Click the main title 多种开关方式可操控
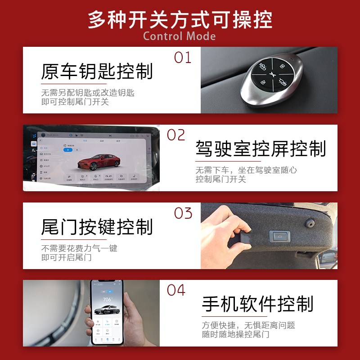pyautogui.click(x=180, y=19)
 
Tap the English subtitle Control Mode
pyautogui.click(x=180, y=36)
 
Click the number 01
pyautogui.click(x=183, y=58)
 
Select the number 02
pyautogui.click(x=176, y=135)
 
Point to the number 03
pyautogui.click(x=183, y=213)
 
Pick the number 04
pyautogui.click(x=176, y=290)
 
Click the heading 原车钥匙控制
pyautogui.click(x=97, y=72)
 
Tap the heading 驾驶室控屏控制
pyautogui.click(x=261, y=148)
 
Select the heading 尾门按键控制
pyautogui.click(x=97, y=227)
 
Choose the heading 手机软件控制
pyautogui.click(x=257, y=304)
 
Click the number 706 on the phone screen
pyautogui.click(x=107, y=299)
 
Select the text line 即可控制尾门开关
pyautogui.click(x=75, y=102)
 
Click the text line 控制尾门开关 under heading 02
pyautogui.click(x=221, y=179)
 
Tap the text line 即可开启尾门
pyautogui.click(x=67, y=257)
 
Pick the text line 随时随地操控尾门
pyautogui.click(x=236, y=334)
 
